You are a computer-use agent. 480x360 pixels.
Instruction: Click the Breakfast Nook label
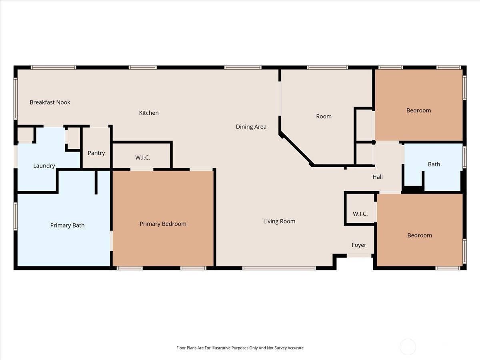[x=50, y=102]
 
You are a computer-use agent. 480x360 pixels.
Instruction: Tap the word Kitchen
[x=149, y=113]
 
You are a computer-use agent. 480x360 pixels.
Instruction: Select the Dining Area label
[x=251, y=127]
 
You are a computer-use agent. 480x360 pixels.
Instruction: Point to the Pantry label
[x=96, y=153]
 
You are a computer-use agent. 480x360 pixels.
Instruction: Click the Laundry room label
[x=44, y=166]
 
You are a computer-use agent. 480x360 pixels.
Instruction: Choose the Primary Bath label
[x=67, y=225]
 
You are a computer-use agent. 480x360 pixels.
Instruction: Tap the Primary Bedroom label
[x=163, y=224]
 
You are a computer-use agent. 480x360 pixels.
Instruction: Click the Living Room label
[x=279, y=222]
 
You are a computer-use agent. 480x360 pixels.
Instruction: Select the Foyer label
[x=359, y=245]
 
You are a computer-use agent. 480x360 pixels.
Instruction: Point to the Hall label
[x=378, y=177]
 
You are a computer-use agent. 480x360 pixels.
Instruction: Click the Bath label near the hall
[x=434, y=164]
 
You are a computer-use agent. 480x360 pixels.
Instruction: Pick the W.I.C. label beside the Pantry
[x=142, y=158]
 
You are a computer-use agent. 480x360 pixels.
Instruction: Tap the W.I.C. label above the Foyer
[x=360, y=214]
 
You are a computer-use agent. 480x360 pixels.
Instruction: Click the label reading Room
[x=324, y=116]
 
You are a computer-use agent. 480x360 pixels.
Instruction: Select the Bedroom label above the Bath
[x=418, y=110]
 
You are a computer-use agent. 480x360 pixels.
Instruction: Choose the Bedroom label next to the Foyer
[x=420, y=236]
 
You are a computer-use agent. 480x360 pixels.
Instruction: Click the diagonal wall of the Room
[x=296, y=150]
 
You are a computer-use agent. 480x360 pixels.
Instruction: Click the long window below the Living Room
[x=279, y=268]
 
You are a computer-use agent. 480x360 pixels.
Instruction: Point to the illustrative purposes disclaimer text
[x=240, y=348]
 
